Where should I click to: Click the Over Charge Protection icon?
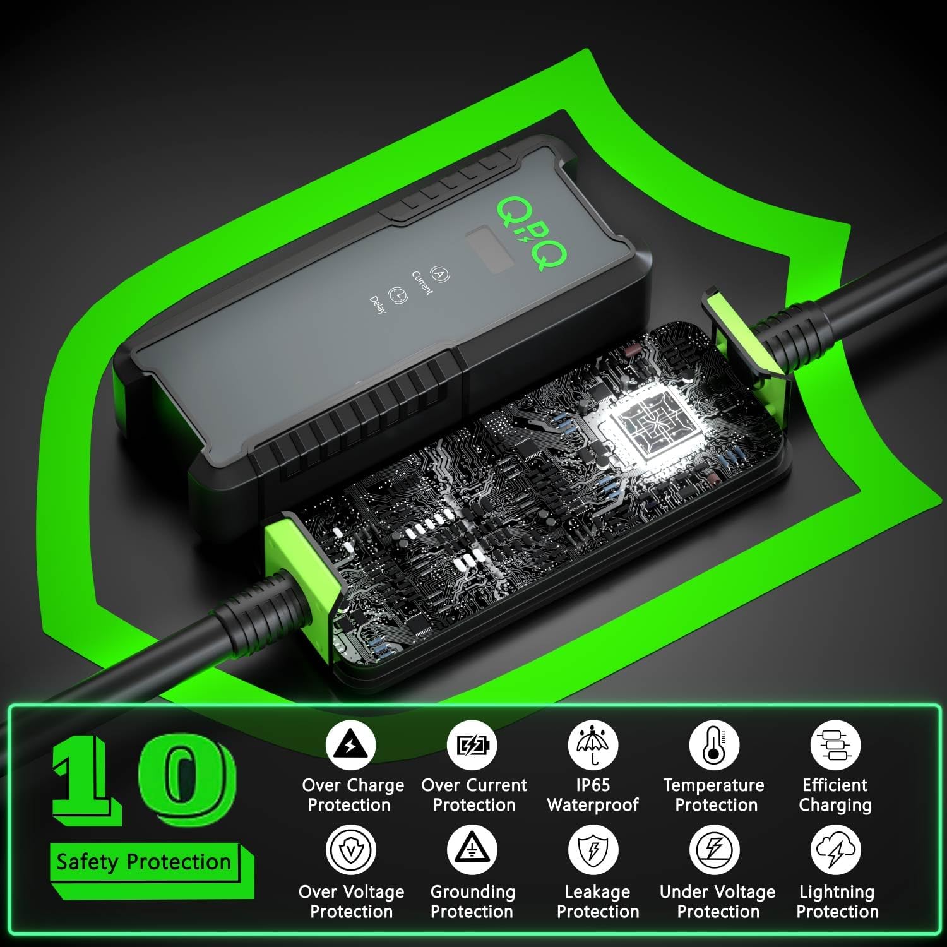pyautogui.click(x=350, y=745)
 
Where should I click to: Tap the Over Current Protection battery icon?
pyautogui.click(x=472, y=745)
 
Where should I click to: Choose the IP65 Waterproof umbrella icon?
pyautogui.click(x=593, y=745)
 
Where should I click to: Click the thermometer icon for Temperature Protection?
pyautogui.click(x=714, y=745)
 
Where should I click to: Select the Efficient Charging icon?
pyautogui.click(x=835, y=745)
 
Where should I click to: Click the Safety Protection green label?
pyautogui.click(x=144, y=862)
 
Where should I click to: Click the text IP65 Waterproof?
pyautogui.click(x=593, y=795)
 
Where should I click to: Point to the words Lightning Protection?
pyautogui.click(x=837, y=902)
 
